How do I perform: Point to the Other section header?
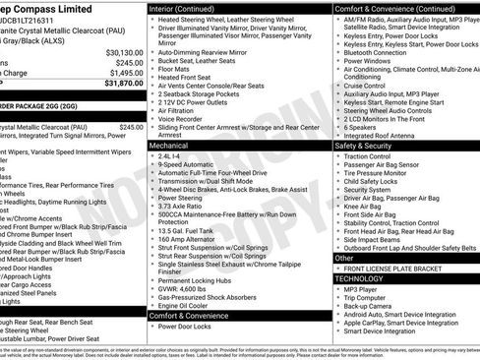345,258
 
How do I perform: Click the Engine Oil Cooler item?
187,305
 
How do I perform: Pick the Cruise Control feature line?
369,86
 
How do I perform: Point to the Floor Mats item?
177,68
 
